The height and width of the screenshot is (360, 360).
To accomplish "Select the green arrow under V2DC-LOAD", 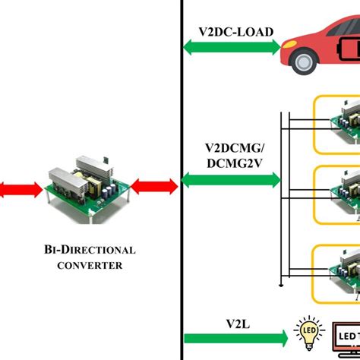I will [232, 47].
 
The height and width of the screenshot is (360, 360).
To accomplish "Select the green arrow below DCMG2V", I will [232, 181].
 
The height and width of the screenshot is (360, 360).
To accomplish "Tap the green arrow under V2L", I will [235, 336].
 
